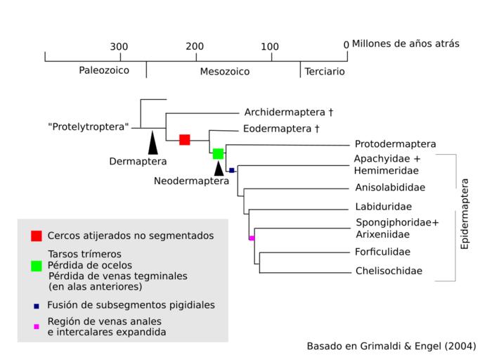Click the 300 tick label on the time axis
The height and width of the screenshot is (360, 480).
pos(119,46)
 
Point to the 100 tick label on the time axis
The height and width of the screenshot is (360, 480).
pos(270,46)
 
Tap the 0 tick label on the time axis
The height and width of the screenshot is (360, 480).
pos(346,46)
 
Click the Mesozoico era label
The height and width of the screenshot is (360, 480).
pos(225,71)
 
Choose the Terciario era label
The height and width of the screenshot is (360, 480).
pos(325,71)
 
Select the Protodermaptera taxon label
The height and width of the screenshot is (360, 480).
pos(396,144)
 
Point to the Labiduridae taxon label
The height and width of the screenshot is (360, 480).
pos(384,207)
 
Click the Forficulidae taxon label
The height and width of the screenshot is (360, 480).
pos(383,252)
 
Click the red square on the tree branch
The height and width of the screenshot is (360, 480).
pos(185,139)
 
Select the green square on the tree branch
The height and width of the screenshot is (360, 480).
pos(218,153)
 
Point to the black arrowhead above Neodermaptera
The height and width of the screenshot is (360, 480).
pos(219,168)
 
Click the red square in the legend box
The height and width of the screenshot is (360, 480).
pos(37,236)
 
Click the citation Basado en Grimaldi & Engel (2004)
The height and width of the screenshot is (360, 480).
pos(391,346)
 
